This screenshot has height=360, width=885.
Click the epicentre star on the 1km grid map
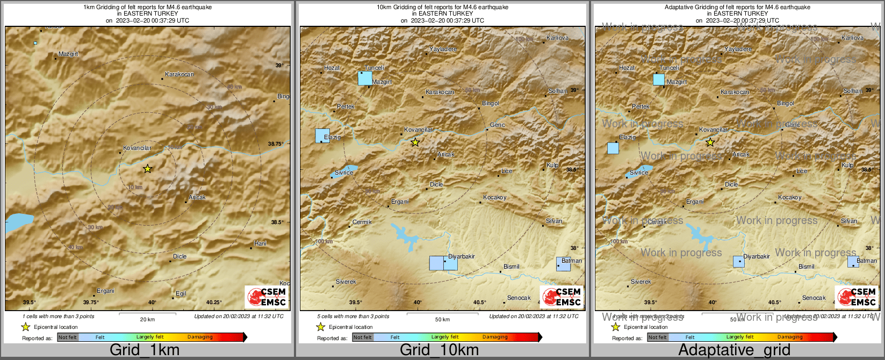pyautogui.click(x=147, y=169)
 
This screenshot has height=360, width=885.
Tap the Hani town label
pyautogui.click(x=260, y=243)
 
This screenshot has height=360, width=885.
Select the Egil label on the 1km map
pyautogui.click(x=181, y=293)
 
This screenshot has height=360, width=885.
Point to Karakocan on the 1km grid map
pyautogui.click(x=179, y=74)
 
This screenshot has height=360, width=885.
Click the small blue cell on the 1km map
pyautogui.click(x=35, y=43)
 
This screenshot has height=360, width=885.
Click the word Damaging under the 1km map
pyautogui.click(x=200, y=337)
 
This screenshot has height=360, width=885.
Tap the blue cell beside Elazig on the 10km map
pyautogui.click(x=322, y=135)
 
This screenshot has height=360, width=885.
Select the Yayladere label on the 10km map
pyautogui.click(x=443, y=49)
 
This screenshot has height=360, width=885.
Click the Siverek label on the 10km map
pyautogui.click(x=346, y=282)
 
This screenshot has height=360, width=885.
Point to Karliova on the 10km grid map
pyautogui.click(x=557, y=38)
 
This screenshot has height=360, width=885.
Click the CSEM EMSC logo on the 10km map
pyautogui.click(x=562, y=297)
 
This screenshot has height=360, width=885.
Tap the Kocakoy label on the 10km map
pyautogui.click(x=494, y=197)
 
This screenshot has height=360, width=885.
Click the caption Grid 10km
pyautogui.click(x=439, y=350)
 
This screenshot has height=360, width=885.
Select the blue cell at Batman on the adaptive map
pyautogui.click(x=853, y=262)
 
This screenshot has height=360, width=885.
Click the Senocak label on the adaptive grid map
pyautogui.click(x=814, y=298)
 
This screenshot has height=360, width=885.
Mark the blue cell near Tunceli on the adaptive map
pyautogui.click(x=659, y=80)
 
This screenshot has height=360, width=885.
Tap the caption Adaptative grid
pyautogui.click(x=734, y=350)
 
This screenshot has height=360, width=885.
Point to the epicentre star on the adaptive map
pyautogui.click(x=710, y=142)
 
